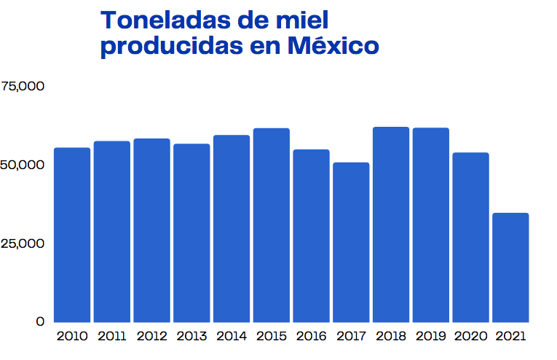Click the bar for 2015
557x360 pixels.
point(272,225)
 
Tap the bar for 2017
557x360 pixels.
point(351,242)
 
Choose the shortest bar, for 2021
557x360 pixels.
point(510,267)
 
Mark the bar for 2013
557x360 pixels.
point(191,233)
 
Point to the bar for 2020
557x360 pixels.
point(470,237)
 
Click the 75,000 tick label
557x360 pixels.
point(23,86)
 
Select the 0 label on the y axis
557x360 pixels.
point(39,321)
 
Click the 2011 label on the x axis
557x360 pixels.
point(111,336)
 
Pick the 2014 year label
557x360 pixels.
point(232,336)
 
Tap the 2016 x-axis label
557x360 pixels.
point(311,336)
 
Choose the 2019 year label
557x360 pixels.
point(430,336)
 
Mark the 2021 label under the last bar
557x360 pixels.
point(510,336)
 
